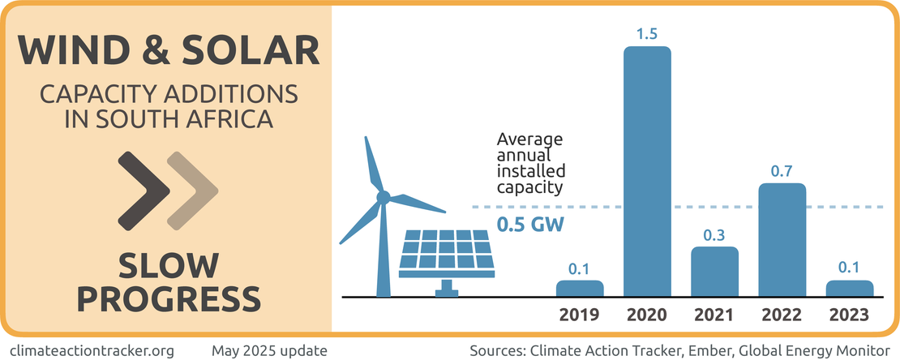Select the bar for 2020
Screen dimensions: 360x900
[x=647, y=172]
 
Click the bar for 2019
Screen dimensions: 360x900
[x=580, y=288]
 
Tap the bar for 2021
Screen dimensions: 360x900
[x=714, y=272]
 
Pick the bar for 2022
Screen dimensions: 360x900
[x=782, y=240]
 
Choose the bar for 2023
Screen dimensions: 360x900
[x=849, y=288]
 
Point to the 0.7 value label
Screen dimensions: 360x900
[x=782, y=170]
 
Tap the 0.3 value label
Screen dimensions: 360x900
[x=714, y=234]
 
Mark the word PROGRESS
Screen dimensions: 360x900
[x=169, y=298]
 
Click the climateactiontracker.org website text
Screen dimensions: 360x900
[x=93, y=350]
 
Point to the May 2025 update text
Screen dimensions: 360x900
[x=269, y=350]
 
